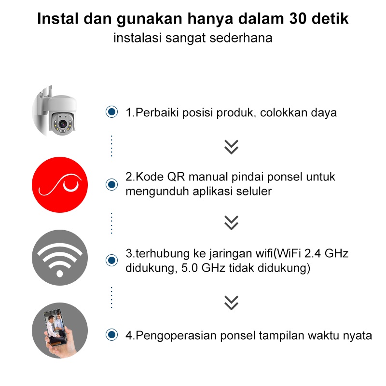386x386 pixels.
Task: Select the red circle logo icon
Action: pyautogui.click(x=60, y=185)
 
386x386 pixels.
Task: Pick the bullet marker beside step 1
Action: pyautogui.click(x=112, y=112)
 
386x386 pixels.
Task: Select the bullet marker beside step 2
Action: pyautogui.click(x=112, y=185)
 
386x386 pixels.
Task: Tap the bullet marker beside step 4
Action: pyautogui.click(x=112, y=334)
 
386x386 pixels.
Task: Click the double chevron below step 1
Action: pyautogui.click(x=232, y=147)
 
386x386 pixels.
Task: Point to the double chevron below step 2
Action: pyautogui.click(x=232, y=222)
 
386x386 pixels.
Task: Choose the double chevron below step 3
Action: pyautogui.click(x=232, y=302)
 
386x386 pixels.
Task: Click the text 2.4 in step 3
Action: pyautogui.click(x=312, y=253)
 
